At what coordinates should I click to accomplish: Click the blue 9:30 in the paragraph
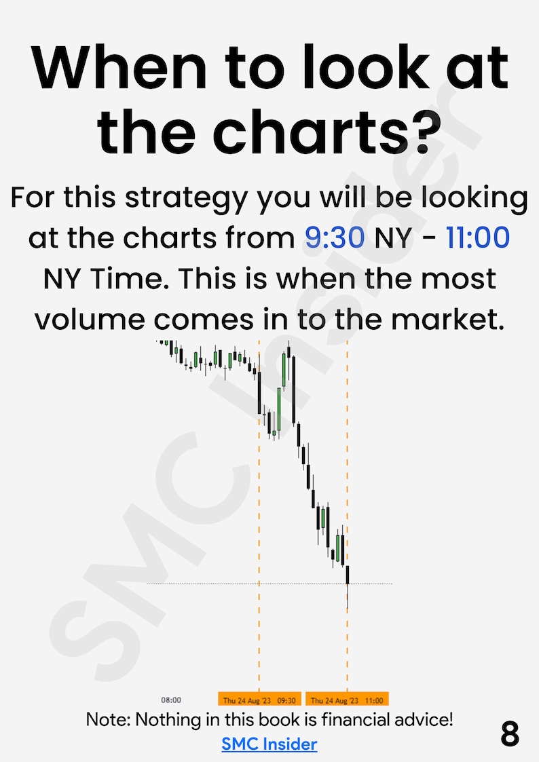coord(334,239)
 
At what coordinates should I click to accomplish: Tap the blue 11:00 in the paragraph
coord(477,239)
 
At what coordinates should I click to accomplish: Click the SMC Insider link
coord(269,744)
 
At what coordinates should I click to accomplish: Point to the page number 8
coord(509,734)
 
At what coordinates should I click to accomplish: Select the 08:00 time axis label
coord(171,700)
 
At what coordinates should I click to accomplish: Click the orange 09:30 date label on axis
coord(259,700)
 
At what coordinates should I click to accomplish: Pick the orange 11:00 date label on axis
coord(347,700)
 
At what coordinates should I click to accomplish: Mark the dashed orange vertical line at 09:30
coord(259,543)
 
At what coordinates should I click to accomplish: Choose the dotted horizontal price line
coord(204,584)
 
